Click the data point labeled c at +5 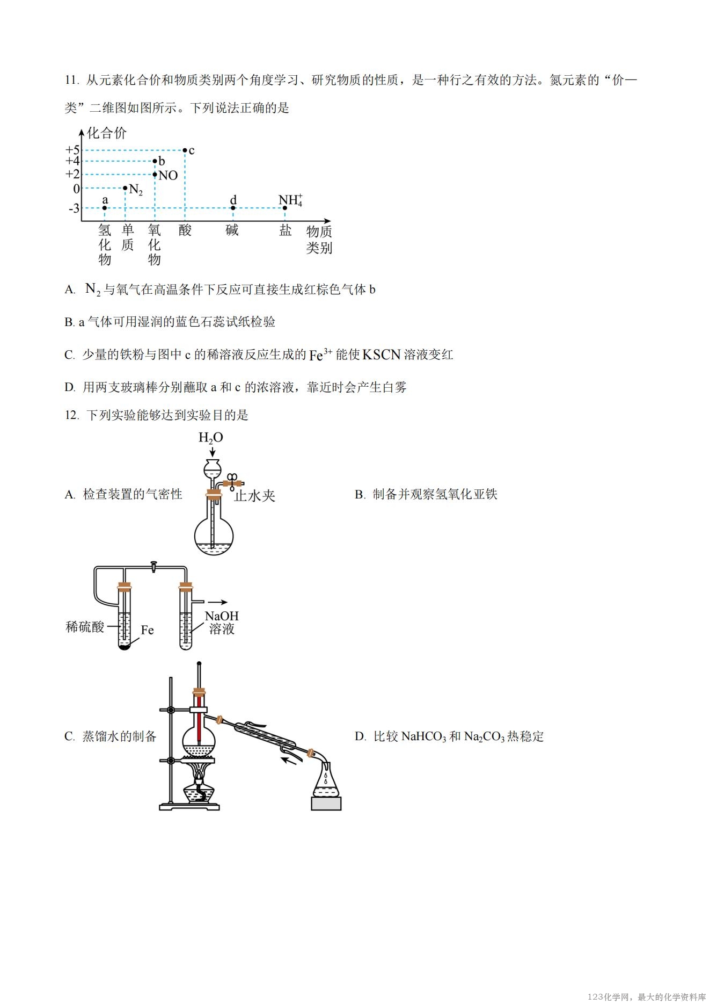pyautogui.click(x=185, y=150)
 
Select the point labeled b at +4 pyautogui.click(x=155, y=161)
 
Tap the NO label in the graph pyautogui.click(x=168, y=175)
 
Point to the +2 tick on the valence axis pyautogui.click(x=72, y=174)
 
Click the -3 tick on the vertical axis pyautogui.click(x=74, y=208)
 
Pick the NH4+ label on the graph pyautogui.click(x=291, y=200)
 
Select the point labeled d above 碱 pyautogui.click(x=233, y=208)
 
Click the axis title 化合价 pyautogui.click(x=107, y=133)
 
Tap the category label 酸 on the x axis pyautogui.click(x=185, y=230)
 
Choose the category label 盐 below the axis pyautogui.click(x=286, y=230)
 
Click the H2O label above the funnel pyautogui.click(x=211, y=438)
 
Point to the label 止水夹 pyautogui.click(x=255, y=496)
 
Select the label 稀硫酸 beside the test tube pyautogui.click(x=85, y=627)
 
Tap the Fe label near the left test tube pyautogui.click(x=147, y=630)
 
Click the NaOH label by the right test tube pyautogui.click(x=222, y=616)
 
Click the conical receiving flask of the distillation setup pyautogui.click(x=326, y=779)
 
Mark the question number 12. pyautogui.click(x=72, y=415)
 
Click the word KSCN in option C pyautogui.click(x=382, y=355)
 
